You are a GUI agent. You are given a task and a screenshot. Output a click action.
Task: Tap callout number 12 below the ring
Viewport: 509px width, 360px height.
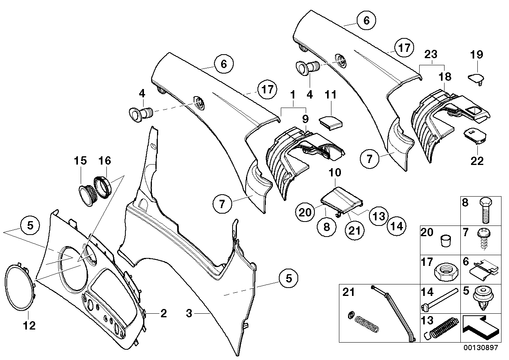click(29, 326)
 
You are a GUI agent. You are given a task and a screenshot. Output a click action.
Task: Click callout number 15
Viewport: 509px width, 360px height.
click(80, 161)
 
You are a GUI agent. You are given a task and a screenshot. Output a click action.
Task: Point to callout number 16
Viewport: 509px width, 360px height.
click(105, 161)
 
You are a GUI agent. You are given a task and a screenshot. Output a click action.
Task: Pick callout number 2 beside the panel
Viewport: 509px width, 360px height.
click(163, 314)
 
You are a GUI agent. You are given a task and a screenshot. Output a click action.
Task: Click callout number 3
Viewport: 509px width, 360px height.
click(189, 314)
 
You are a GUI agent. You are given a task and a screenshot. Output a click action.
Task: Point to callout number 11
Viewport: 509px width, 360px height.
click(331, 95)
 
